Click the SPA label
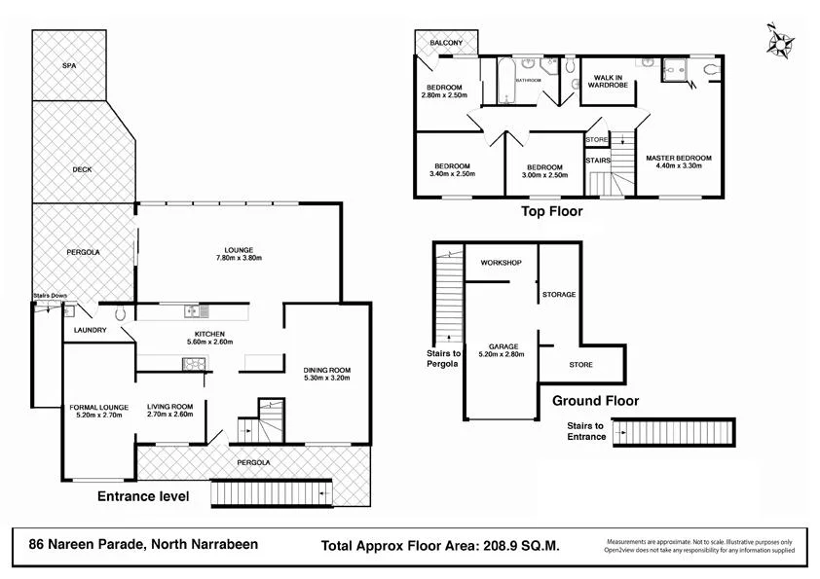69,65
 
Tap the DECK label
82,169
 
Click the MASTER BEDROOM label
679,158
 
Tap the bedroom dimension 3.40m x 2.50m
452,174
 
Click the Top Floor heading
552,210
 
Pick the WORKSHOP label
502,264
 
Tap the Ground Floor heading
595,400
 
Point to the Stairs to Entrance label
586,431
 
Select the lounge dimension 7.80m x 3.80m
239,259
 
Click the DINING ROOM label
326,370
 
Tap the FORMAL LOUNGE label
95,407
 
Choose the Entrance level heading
143,496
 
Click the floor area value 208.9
501,546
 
